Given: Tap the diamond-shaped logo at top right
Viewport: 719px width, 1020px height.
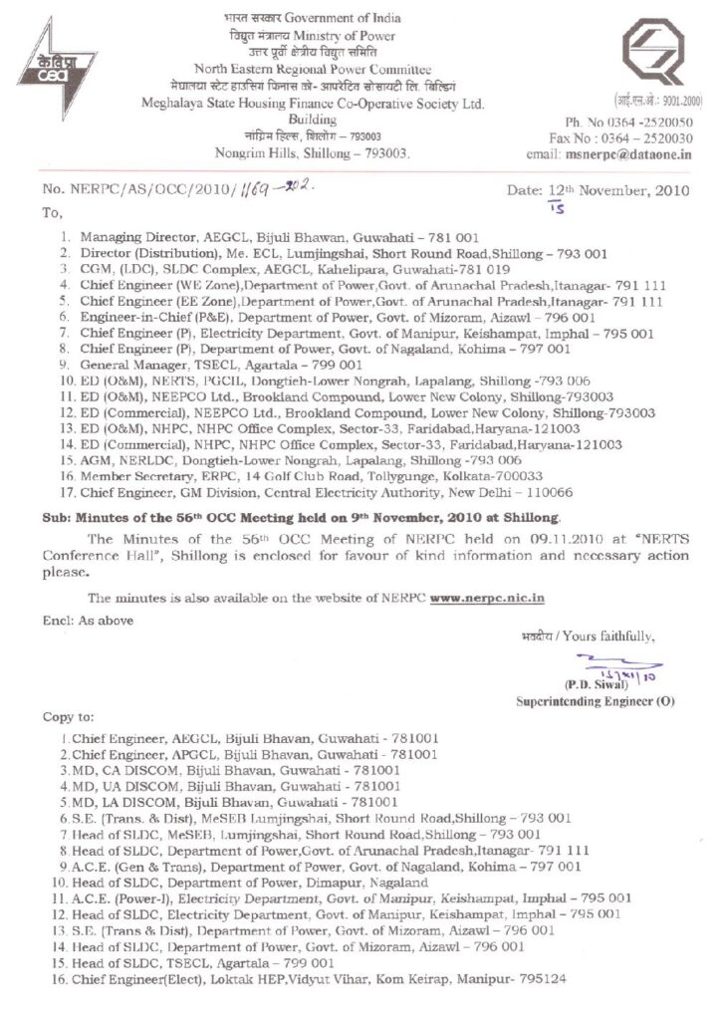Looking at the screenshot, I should pos(657,55).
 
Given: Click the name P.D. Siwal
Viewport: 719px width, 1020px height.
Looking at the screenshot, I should pos(596,684).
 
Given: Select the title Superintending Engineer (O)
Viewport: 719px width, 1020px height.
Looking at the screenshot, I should pos(595,701).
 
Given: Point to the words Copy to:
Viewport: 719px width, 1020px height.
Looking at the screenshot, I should pos(68,717).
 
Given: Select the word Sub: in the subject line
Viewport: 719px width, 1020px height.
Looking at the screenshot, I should pos(55,518).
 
